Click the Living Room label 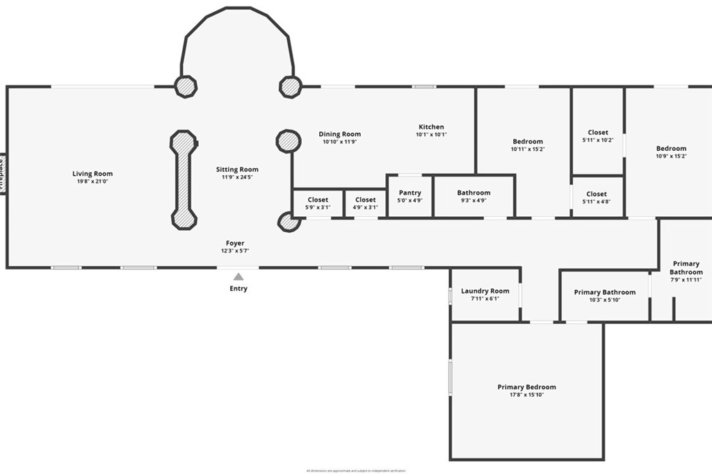click(92, 174)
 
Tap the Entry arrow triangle click(238, 276)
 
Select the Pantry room click(410, 197)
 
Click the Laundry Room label click(485, 291)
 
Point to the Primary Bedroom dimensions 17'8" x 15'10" click(526, 395)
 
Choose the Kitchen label click(431, 127)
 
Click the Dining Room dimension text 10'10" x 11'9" click(339, 142)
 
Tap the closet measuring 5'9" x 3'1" click(318, 204)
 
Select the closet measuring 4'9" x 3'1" click(365, 204)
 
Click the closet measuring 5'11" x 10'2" click(597, 136)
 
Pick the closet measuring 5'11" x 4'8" click(597, 197)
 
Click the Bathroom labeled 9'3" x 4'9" click(474, 197)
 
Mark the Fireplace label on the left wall click(2, 174)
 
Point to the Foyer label click(235, 243)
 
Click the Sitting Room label click(237, 170)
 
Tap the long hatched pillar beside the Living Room click(183, 179)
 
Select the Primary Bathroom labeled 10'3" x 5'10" click(604, 295)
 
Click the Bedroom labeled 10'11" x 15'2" click(528, 145)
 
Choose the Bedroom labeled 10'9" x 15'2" click(671, 152)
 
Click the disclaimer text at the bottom click(355, 471)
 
